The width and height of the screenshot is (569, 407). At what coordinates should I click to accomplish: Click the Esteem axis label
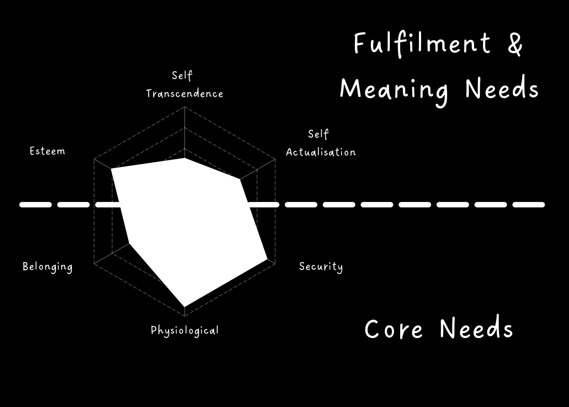tap(47, 151)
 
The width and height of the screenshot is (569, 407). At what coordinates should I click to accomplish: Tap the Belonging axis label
tap(48, 267)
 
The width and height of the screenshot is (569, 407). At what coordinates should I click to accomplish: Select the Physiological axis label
tap(185, 331)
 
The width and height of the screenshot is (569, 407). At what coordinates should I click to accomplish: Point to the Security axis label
tap(321, 267)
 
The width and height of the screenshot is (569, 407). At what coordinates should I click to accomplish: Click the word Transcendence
tap(185, 94)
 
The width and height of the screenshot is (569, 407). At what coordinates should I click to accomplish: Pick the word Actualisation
tap(321, 152)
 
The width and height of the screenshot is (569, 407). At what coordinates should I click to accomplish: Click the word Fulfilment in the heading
tap(422, 44)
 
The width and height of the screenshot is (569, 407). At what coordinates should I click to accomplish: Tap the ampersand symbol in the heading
tap(515, 44)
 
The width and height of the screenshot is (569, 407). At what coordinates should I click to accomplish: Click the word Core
tap(394, 329)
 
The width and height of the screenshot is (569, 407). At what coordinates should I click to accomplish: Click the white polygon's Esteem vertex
tap(111, 169)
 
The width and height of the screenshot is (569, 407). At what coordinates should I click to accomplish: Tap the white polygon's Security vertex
tap(267, 259)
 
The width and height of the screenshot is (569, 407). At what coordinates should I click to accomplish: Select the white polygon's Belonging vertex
tap(129, 243)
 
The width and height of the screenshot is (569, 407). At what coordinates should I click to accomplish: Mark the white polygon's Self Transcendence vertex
tap(184, 158)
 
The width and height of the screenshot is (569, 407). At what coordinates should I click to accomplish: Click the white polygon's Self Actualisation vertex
tap(240, 180)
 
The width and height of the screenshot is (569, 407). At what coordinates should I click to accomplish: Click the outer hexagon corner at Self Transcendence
tap(184, 107)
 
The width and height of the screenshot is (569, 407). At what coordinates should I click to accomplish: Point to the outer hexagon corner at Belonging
tap(94, 264)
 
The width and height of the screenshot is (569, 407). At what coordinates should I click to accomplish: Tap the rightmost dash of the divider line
tap(528, 205)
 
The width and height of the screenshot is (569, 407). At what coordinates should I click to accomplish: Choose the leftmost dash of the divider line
tap(36, 205)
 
